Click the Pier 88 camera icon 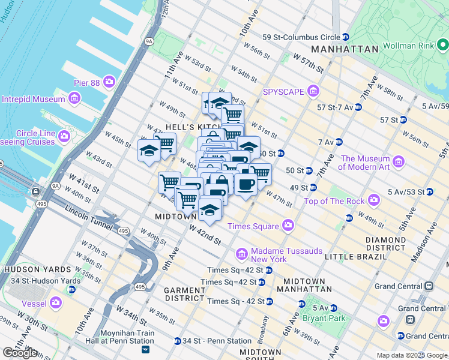(109, 81)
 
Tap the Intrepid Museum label (33, 99)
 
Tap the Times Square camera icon (288, 226)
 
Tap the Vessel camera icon (56, 303)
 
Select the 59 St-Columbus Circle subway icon (345, 37)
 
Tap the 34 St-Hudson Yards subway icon (71, 290)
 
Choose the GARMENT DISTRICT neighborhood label (185, 294)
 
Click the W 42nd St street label (205, 235)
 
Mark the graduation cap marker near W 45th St (149, 151)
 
